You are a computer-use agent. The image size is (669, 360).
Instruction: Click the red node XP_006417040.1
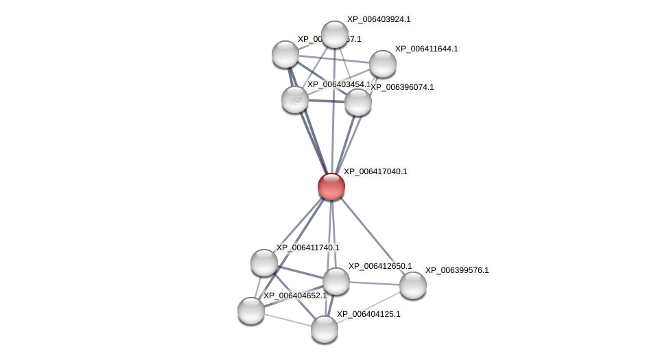point(331,186)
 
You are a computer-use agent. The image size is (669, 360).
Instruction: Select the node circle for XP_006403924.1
point(335,34)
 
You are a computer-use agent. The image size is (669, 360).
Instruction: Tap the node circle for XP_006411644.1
point(383,64)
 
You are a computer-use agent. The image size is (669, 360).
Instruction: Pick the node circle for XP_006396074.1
point(358,102)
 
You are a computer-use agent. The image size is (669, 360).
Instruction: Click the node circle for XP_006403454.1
point(295,99)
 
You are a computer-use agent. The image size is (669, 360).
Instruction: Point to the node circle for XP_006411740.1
point(264,263)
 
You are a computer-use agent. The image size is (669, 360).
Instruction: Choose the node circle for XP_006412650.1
point(336,281)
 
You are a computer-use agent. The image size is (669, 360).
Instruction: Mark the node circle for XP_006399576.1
point(413,285)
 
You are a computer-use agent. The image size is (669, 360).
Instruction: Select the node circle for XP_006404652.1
point(251,311)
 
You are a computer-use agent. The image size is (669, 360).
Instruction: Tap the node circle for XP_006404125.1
point(325,329)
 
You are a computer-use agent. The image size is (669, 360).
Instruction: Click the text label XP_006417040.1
point(375,171)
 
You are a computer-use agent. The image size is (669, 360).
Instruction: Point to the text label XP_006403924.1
point(379,19)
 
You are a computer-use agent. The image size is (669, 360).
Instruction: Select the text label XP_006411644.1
point(427,49)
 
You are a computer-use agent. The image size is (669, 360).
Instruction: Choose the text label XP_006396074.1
point(402,87)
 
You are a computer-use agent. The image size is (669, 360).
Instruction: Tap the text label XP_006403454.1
point(338,84)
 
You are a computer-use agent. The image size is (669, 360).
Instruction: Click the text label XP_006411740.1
point(307,248)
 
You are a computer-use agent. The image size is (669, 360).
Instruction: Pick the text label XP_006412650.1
point(380,266)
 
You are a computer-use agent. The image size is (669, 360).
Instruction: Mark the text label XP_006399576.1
point(457,270)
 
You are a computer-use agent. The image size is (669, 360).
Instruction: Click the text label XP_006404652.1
point(295,296)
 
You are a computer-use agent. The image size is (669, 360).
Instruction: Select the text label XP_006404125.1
point(368,314)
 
